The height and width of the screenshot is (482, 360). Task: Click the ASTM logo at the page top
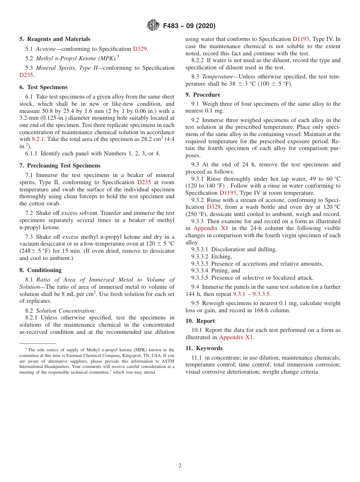(153, 26)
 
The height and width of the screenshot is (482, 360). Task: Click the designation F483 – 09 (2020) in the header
(189, 26)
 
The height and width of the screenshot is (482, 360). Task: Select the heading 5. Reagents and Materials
(55, 39)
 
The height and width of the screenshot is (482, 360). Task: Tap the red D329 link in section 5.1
(140, 49)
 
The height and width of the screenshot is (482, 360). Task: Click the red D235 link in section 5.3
(26, 75)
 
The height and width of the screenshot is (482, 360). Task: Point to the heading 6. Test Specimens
(44, 87)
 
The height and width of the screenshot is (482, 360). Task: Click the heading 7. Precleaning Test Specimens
(60, 166)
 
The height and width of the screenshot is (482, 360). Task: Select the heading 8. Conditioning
(41, 270)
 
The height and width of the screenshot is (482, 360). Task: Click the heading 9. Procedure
(203, 95)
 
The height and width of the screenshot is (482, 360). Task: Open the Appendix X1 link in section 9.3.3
(211, 228)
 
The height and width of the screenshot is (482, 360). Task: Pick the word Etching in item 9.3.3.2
(221, 257)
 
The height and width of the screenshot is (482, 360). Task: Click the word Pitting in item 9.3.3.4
(220, 271)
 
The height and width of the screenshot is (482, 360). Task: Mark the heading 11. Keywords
(204, 348)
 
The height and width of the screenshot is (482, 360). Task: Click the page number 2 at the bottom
(180, 466)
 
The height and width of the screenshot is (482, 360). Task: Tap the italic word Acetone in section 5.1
(45, 49)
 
